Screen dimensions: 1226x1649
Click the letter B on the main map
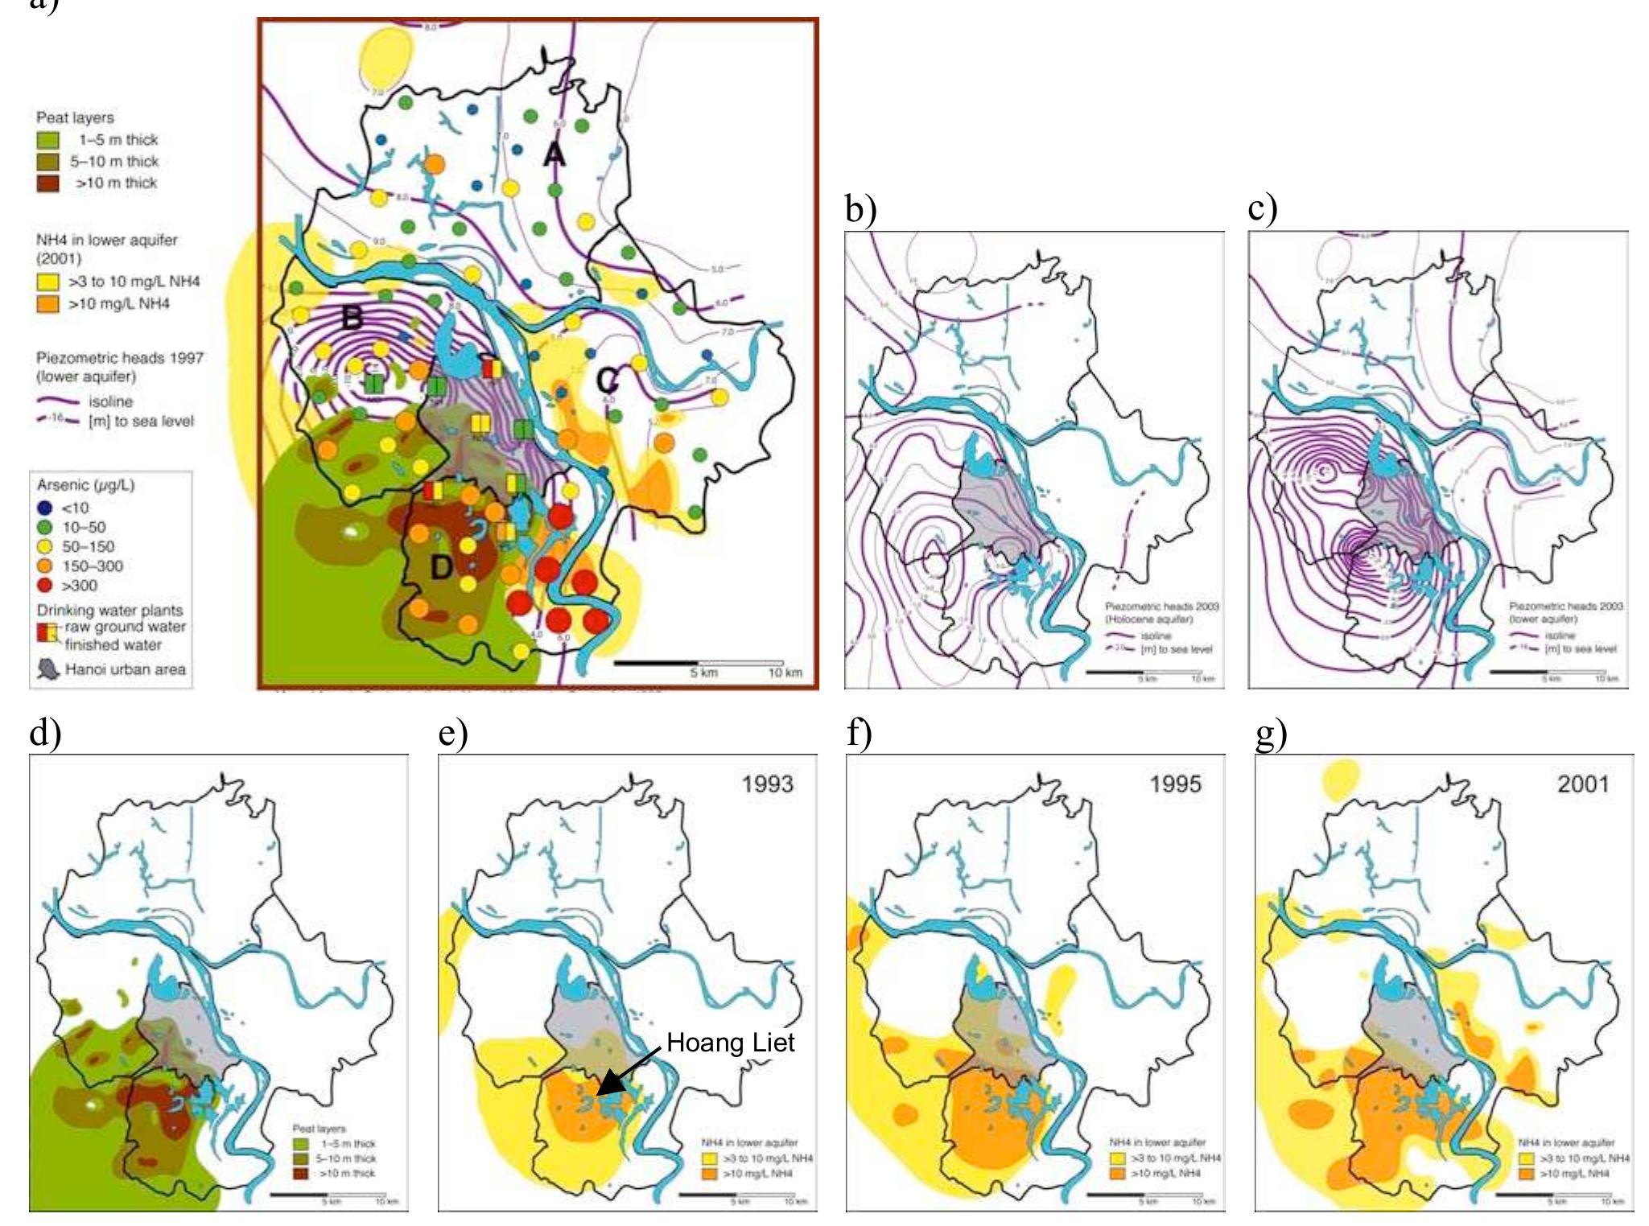click(x=352, y=318)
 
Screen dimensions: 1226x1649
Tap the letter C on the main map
click(x=608, y=379)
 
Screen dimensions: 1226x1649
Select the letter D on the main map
click(x=441, y=568)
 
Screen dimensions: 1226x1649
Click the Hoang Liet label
click(x=730, y=1043)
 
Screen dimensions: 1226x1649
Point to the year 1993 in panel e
click(x=767, y=784)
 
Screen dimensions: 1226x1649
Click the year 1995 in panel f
click(x=1175, y=784)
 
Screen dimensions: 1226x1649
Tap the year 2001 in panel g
click(x=1583, y=784)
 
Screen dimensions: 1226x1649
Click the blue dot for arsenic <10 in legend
click(x=45, y=508)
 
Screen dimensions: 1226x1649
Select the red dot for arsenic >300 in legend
click(x=45, y=586)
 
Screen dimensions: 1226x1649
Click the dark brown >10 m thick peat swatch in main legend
click(x=47, y=183)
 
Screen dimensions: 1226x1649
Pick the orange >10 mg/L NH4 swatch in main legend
click(x=47, y=303)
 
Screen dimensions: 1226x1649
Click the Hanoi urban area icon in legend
click(x=48, y=669)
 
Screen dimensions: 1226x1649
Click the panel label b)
click(x=860, y=209)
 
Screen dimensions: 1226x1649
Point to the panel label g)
click(x=1271, y=733)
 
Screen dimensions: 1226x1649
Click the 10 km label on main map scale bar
click(x=785, y=673)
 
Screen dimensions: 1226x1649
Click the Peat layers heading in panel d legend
click(x=319, y=1129)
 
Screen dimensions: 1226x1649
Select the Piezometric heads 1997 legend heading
click(x=119, y=357)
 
